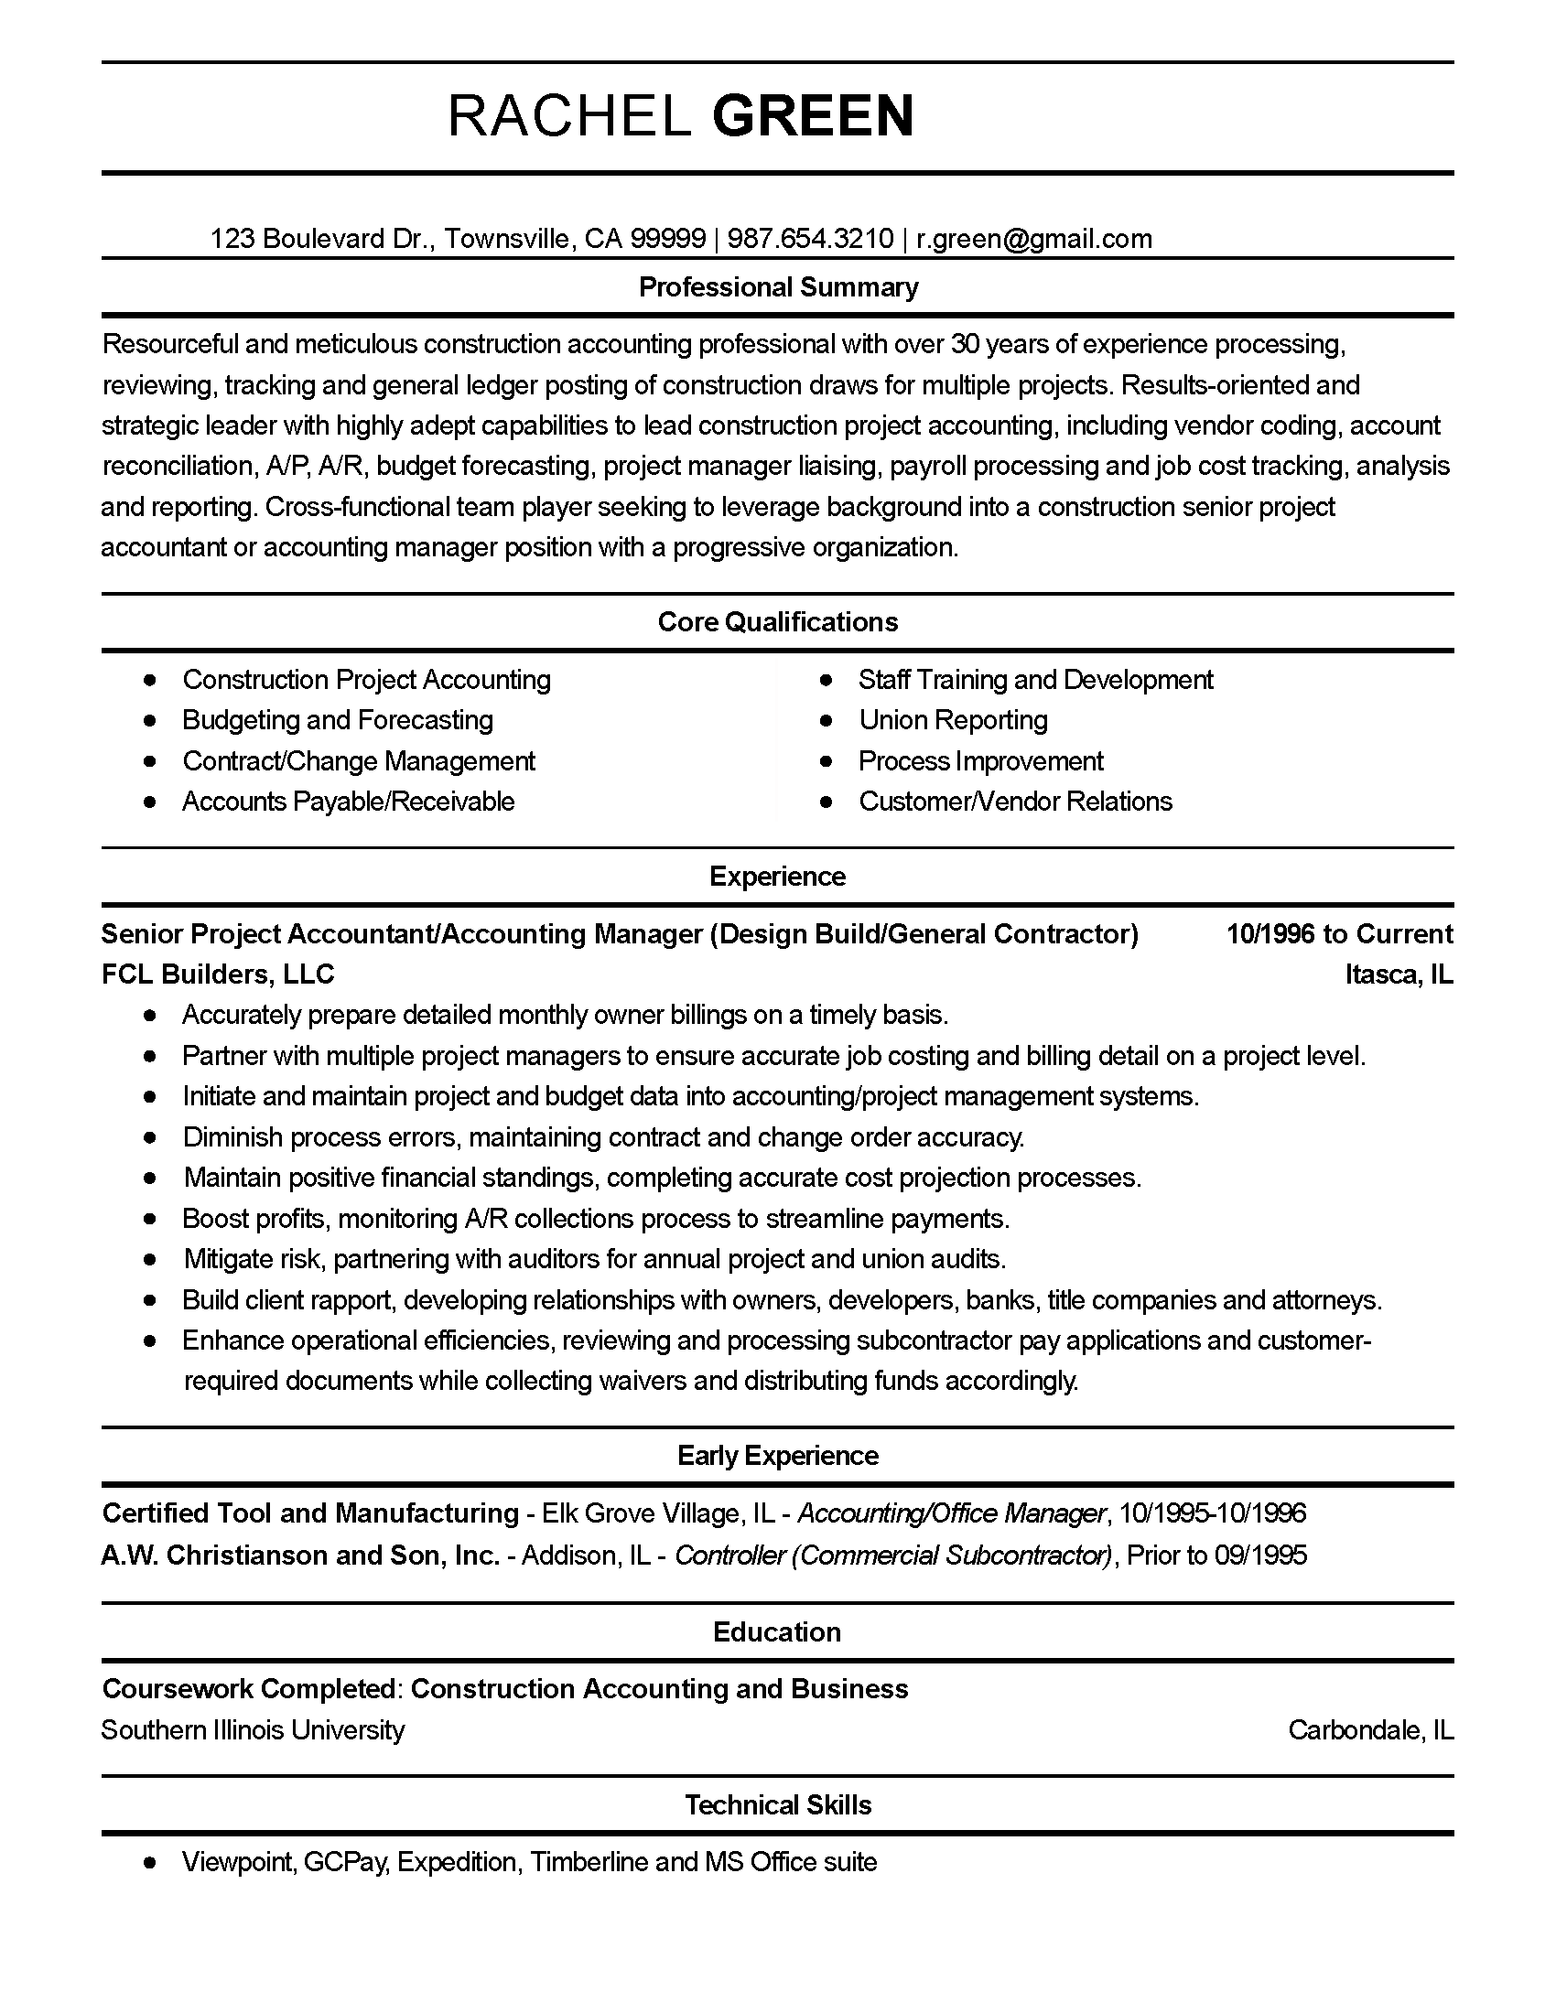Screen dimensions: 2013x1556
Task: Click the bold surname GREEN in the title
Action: coord(813,117)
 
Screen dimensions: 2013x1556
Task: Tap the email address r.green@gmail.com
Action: coord(1033,239)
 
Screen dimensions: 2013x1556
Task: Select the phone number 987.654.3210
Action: coord(810,239)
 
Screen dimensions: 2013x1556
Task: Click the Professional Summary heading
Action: coord(778,287)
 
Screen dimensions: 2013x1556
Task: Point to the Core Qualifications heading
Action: coord(777,622)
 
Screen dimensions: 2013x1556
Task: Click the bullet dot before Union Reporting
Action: coord(826,720)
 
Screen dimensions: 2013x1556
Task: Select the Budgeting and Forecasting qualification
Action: coord(338,720)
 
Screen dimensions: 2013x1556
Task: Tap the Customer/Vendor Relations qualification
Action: coord(1015,801)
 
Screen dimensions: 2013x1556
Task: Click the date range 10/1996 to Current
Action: coord(1338,933)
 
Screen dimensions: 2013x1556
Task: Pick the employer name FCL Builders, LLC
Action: coord(218,974)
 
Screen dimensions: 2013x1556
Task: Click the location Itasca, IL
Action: coord(1399,974)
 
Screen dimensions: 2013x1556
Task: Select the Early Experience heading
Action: coord(777,1456)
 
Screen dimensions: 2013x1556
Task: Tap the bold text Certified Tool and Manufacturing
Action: coord(309,1513)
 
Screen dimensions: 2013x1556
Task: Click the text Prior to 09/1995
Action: coord(1216,1555)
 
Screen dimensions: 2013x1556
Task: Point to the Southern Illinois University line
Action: coord(253,1730)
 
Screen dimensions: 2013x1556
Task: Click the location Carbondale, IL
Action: coord(1370,1730)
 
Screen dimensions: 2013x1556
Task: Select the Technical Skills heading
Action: coord(777,1804)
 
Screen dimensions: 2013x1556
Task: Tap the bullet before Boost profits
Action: coord(150,1219)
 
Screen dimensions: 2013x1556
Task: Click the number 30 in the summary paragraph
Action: coord(964,344)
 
